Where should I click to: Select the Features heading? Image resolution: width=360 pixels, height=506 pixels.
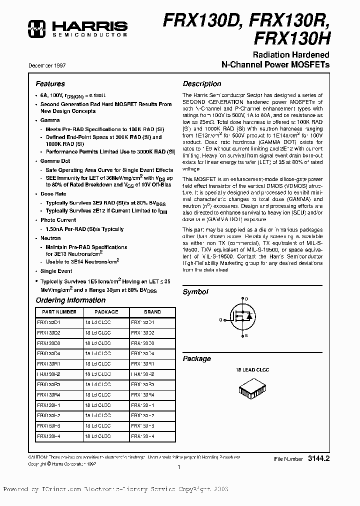pos(50,84)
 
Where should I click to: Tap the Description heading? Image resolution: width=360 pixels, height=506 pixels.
pos(201,84)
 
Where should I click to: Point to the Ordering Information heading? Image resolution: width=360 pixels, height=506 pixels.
pos(70,300)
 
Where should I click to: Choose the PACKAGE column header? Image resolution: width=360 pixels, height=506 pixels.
pos(106,311)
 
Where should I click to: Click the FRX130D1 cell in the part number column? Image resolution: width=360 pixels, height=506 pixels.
pos(48,322)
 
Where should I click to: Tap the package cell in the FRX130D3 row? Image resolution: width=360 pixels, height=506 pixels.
pos(98,343)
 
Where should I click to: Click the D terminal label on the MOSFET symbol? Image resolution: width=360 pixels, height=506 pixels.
pos(246,298)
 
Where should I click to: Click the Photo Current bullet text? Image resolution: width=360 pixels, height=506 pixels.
pos(58,220)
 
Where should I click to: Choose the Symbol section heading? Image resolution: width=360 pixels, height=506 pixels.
pos(195,291)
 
